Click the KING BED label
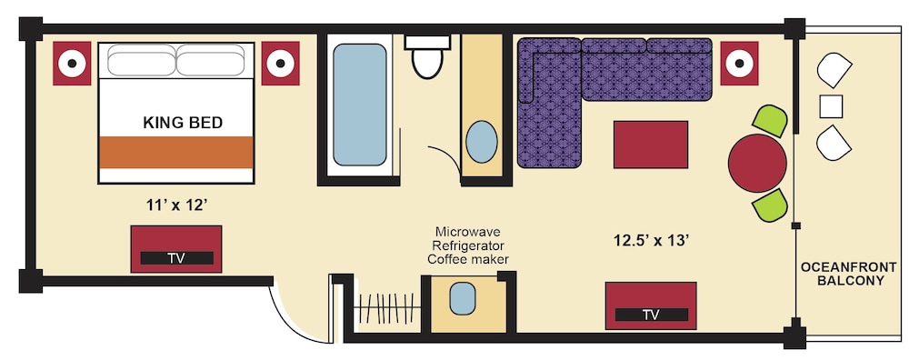tap(183, 123)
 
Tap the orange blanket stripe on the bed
tap(176, 153)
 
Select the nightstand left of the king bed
tap(72, 64)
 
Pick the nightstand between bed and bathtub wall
tap(280, 64)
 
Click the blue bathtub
tap(359, 105)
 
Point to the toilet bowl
tap(428, 64)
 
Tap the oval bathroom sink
tap(482, 142)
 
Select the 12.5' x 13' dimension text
tap(651, 240)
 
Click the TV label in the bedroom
tap(176, 258)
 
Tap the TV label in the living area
tap(651, 315)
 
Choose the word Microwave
tap(468, 231)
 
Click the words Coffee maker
tap(468, 259)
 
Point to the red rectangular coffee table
tap(651, 145)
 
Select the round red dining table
tap(757, 163)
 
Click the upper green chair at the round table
tap(771, 121)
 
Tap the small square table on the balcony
tap(831, 106)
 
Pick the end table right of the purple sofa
tap(739, 64)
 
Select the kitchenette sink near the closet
tap(463, 298)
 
